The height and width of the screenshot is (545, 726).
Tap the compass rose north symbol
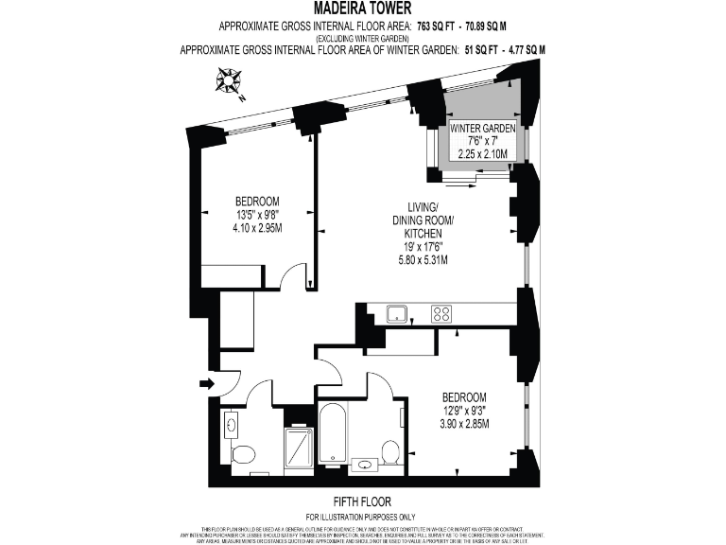tap(228, 85)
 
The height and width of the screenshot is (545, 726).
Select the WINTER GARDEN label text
tap(482, 128)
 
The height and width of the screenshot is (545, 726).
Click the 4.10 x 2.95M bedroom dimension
tap(256, 227)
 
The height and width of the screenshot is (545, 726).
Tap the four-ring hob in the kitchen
tap(441, 314)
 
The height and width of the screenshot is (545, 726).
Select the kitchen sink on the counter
tap(397, 313)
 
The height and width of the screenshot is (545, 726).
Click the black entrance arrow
tap(207, 383)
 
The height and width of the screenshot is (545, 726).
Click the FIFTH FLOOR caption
tap(362, 501)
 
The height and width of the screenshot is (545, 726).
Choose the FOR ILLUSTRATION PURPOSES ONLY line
tap(362, 516)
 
